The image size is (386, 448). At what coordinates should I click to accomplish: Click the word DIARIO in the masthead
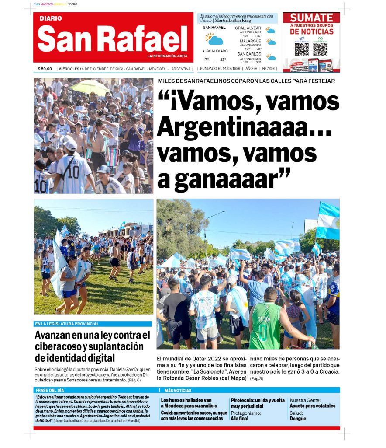tap(51, 18)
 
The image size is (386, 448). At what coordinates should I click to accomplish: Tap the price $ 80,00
tap(45, 69)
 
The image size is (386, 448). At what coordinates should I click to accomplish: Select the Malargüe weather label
tap(250, 41)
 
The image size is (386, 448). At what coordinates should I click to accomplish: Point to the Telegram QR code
tap(301, 49)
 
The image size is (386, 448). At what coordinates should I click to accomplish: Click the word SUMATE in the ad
tap(311, 18)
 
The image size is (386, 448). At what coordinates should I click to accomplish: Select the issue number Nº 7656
tap(268, 69)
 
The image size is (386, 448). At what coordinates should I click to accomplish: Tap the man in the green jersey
tap(265, 322)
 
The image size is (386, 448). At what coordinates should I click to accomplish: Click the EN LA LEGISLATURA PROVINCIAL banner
tap(67, 324)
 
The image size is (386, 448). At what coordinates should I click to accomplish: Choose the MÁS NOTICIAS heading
tap(178, 390)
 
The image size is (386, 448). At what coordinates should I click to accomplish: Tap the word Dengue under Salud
tap(298, 419)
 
